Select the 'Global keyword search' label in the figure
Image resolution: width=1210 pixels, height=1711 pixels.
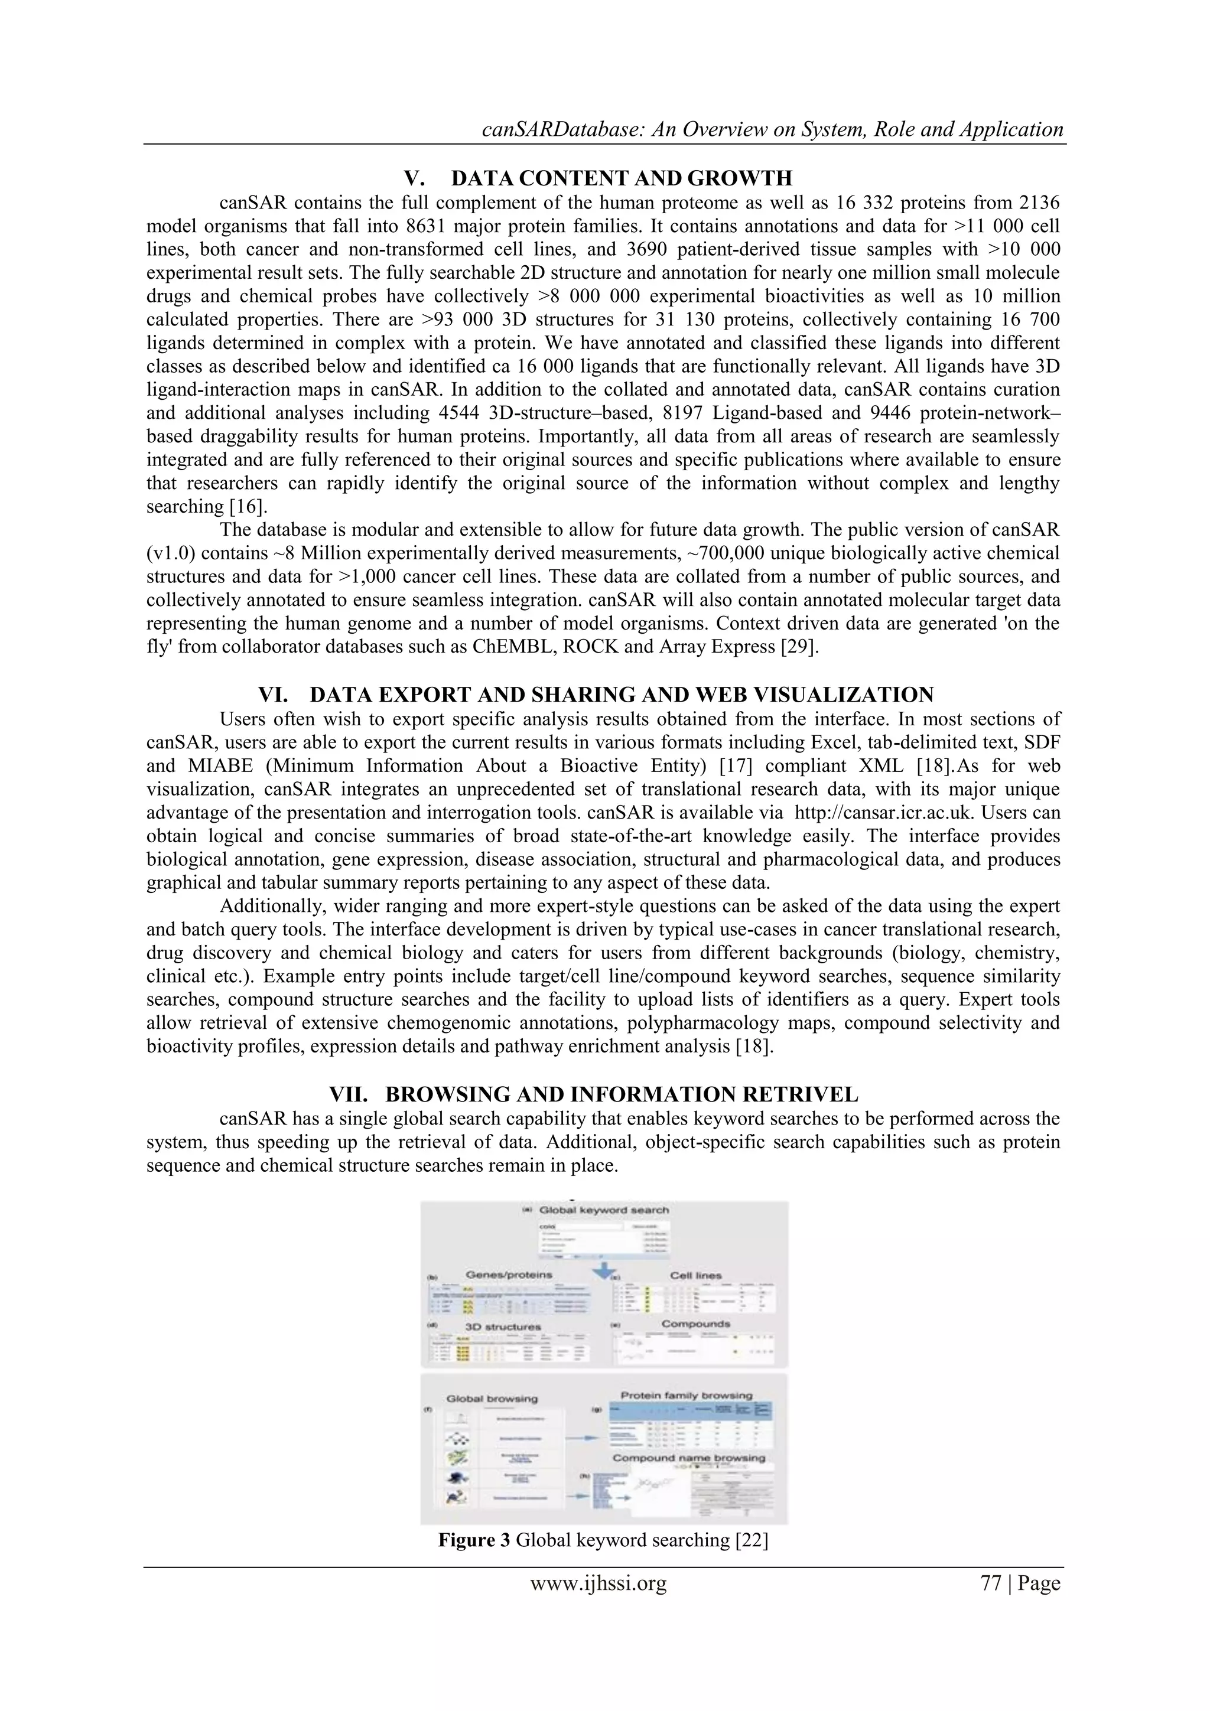[x=603, y=1210]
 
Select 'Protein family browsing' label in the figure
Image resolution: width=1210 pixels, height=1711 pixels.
[x=686, y=1395]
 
